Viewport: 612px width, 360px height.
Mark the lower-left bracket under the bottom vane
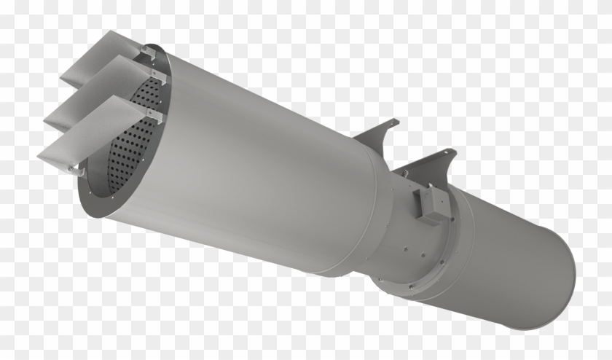(x=75, y=169)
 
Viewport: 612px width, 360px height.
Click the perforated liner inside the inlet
(x=135, y=138)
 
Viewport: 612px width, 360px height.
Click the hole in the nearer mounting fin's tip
(x=452, y=153)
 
